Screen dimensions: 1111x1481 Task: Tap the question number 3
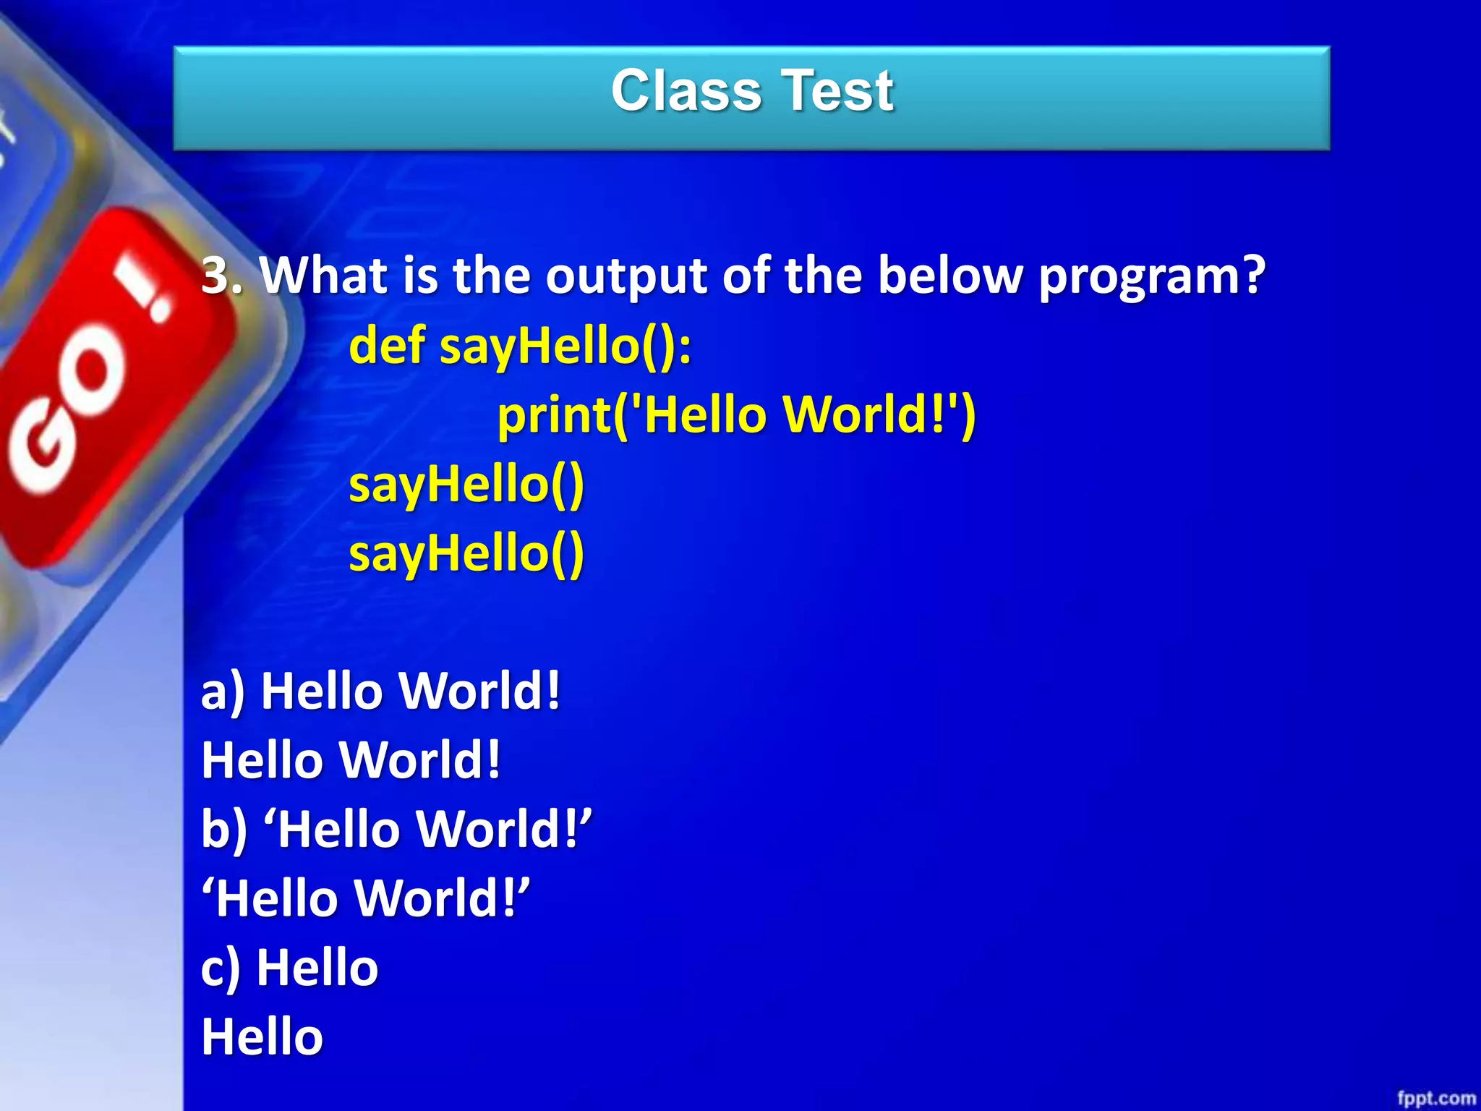[x=217, y=276]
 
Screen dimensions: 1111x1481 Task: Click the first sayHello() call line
[x=466, y=484]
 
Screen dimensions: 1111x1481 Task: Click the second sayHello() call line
[x=466, y=553]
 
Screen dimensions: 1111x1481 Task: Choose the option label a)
[x=223, y=691]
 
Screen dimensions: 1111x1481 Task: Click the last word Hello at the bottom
[x=262, y=1036]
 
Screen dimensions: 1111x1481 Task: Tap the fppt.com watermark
[x=1435, y=1098]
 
